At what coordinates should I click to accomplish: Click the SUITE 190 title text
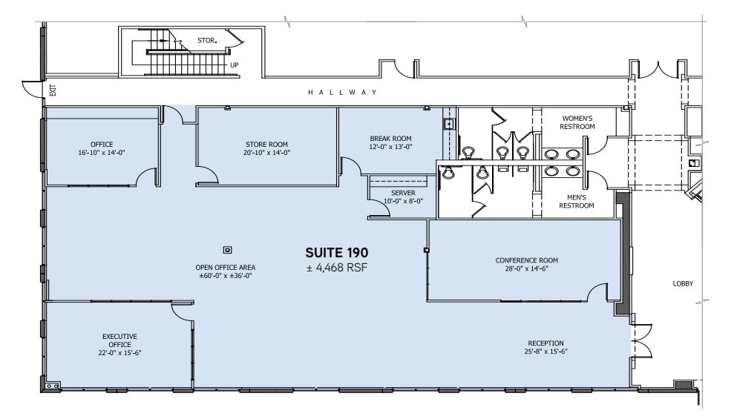click(337, 253)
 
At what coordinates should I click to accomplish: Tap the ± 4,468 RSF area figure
click(337, 268)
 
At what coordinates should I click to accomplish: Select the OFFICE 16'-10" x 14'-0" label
click(101, 148)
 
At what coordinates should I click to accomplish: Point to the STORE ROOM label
click(266, 148)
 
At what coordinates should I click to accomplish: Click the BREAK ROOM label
click(390, 142)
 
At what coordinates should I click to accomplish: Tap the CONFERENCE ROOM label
click(526, 265)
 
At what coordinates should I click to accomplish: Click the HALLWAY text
click(344, 93)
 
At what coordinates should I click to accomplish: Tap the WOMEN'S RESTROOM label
click(578, 122)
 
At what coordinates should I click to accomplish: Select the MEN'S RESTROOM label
click(578, 201)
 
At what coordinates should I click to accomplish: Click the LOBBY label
click(682, 284)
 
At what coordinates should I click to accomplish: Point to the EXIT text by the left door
click(52, 91)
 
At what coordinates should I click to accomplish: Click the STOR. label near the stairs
click(207, 40)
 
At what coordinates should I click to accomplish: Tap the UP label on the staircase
click(235, 65)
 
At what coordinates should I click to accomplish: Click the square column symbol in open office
click(228, 249)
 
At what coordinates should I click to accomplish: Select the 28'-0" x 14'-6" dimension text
click(526, 269)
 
